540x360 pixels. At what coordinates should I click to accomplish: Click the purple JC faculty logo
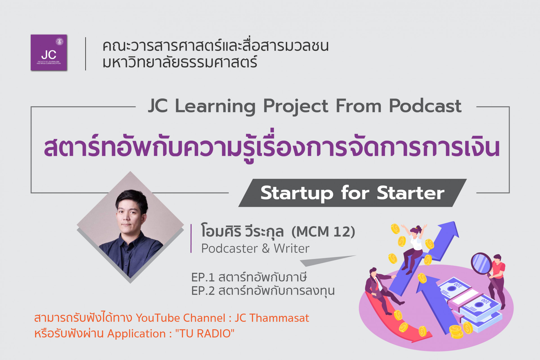click(49, 53)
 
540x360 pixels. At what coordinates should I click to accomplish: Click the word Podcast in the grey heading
click(425, 106)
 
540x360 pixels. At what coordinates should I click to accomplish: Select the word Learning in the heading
click(215, 107)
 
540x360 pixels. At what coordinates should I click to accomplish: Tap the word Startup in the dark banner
click(297, 194)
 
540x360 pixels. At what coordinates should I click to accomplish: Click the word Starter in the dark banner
click(411, 193)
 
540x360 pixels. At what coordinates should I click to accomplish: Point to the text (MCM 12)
click(323, 232)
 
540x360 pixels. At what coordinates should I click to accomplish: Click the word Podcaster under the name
click(229, 249)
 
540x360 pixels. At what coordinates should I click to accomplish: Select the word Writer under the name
click(292, 249)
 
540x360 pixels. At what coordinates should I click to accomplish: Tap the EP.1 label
click(203, 278)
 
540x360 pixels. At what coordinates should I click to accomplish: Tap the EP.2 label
click(203, 291)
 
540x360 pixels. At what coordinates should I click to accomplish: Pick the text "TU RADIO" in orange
click(205, 334)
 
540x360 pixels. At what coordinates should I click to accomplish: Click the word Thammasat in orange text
click(279, 318)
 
